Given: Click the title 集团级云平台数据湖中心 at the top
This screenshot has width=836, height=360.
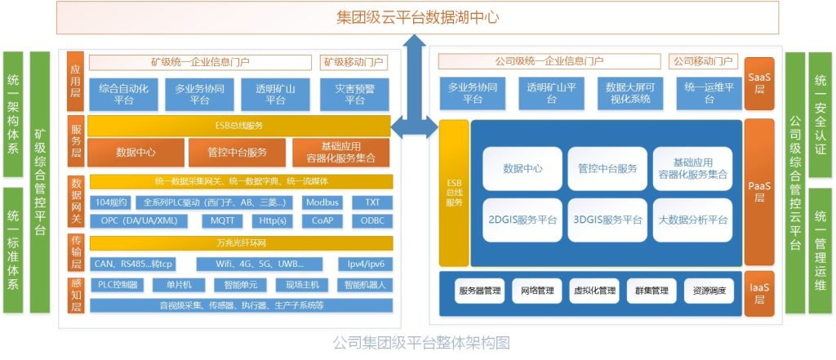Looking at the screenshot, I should click(x=417, y=17).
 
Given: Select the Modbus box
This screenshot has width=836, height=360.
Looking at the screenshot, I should click(x=322, y=202).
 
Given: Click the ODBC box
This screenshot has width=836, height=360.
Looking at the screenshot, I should click(x=371, y=220).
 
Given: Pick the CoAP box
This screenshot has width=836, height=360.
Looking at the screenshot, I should click(x=322, y=220).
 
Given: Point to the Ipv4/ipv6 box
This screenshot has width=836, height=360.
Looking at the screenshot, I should click(x=367, y=264).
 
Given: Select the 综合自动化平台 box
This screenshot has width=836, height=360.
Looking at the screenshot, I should click(x=123, y=94).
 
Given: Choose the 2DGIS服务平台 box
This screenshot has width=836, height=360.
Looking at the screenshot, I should click(x=522, y=220).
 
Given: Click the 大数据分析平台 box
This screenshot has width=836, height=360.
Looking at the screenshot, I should click(x=692, y=220).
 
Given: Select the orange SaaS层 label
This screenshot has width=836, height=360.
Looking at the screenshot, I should click(x=758, y=82).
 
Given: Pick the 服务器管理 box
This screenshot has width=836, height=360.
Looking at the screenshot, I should click(x=480, y=290).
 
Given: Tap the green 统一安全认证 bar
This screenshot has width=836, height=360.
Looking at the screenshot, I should click(x=820, y=114).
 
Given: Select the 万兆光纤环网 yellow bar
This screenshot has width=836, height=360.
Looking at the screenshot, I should click(x=241, y=243).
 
